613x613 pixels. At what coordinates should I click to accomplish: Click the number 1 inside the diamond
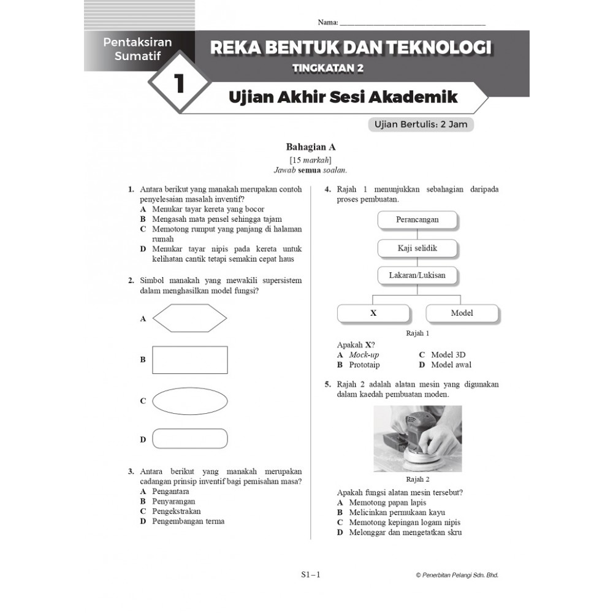point(180,83)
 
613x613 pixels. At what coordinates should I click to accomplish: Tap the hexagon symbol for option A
point(189,319)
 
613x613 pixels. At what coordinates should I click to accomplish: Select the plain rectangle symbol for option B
point(189,360)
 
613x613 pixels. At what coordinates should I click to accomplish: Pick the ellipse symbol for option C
point(189,400)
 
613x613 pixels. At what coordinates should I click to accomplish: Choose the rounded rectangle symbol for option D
point(189,439)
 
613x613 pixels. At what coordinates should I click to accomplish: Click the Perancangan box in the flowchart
point(417,219)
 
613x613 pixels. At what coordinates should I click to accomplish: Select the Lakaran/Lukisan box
point(417,275)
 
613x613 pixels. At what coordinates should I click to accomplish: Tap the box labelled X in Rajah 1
point(373,313)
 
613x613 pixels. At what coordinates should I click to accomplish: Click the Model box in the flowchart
point(462,313)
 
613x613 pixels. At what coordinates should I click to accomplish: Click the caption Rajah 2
point(417,479)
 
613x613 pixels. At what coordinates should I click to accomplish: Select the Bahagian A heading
point(311,147)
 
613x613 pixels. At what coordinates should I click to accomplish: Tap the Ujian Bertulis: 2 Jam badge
point(421,124)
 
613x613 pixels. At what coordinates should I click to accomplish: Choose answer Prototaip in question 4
point(364,365)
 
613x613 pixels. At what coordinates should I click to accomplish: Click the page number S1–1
point(311,575)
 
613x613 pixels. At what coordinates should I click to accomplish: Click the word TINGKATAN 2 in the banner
point(328,69)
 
